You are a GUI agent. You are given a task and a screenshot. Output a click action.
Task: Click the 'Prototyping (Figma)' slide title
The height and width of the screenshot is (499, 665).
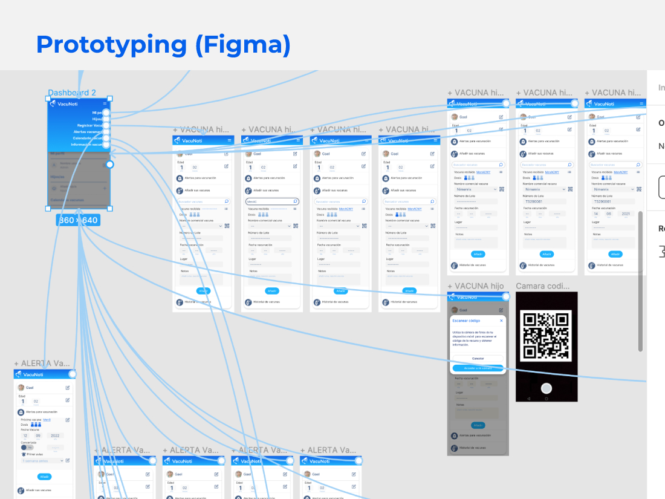[163, 45]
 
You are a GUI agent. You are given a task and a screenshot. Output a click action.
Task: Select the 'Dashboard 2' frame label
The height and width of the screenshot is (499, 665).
[72, 93]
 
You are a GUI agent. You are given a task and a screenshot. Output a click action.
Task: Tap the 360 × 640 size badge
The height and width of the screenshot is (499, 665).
[78, 220]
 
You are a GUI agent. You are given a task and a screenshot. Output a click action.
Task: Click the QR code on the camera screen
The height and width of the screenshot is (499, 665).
[547, 336]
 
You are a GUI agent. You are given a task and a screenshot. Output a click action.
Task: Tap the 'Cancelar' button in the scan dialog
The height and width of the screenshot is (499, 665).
[478, 359]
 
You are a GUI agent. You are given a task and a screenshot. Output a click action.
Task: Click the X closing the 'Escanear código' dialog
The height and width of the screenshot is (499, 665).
[501, 321]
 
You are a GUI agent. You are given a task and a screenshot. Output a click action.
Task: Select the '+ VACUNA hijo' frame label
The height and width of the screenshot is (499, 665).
[475, 286]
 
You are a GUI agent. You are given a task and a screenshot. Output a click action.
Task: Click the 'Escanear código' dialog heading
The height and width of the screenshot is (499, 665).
[467, 321]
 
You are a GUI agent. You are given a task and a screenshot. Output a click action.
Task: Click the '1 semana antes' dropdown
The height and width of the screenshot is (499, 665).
[42, 461]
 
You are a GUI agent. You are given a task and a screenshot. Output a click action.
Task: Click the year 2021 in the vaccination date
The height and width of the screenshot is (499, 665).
[625, 214]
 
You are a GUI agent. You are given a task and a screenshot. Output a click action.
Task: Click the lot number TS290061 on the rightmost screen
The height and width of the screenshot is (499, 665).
[603, 201]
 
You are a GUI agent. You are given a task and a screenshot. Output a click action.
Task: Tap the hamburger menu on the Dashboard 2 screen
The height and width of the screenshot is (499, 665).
[105, 103]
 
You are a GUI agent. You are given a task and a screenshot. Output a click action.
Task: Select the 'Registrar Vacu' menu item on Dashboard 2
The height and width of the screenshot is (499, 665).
[89, 125]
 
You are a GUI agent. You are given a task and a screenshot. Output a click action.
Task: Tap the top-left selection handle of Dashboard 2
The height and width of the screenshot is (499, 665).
[48, 98]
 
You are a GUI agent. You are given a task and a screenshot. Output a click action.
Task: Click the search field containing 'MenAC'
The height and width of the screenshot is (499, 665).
[271, 201]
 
